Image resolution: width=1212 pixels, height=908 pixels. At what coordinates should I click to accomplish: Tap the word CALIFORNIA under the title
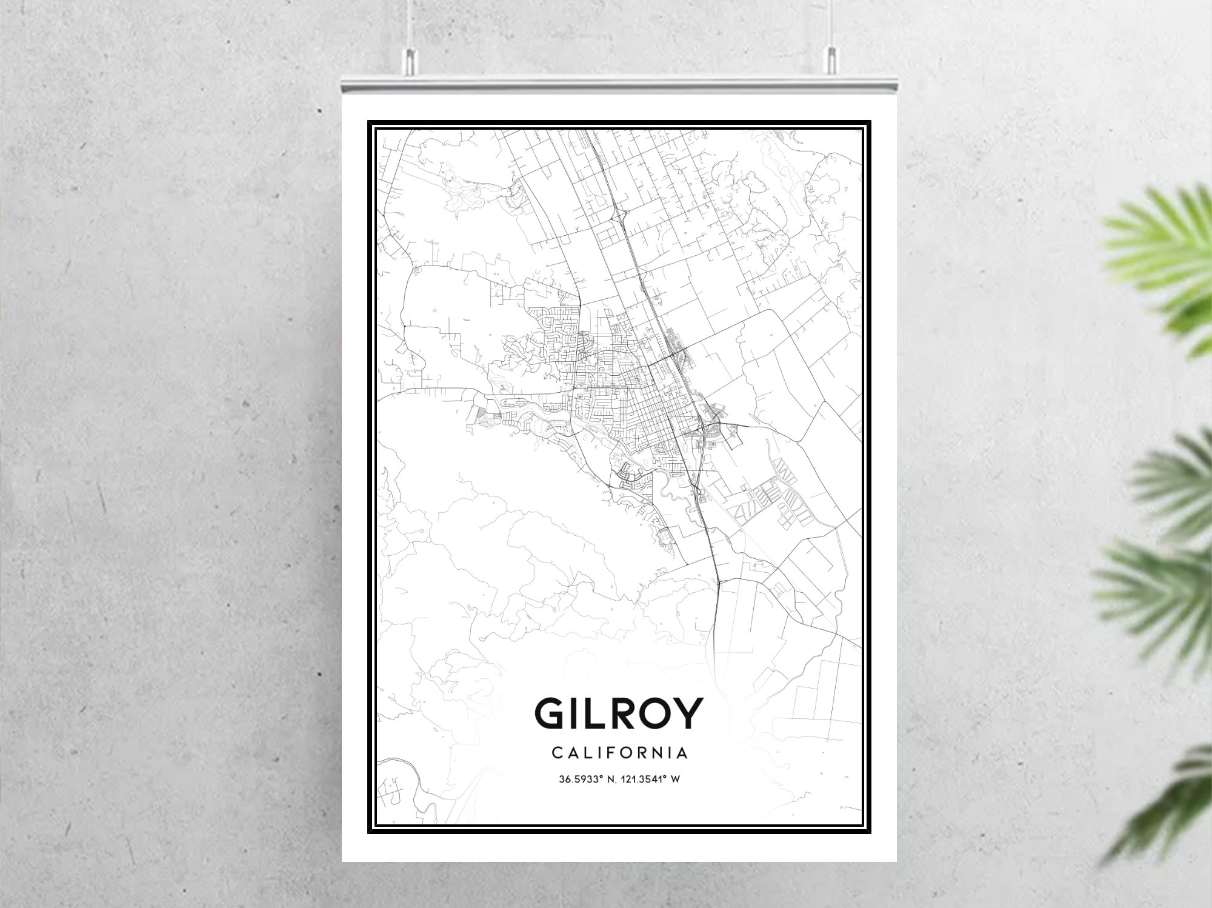tap(619, 753)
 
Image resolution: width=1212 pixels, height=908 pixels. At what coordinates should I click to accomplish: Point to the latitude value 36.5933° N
tap(584, 779)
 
